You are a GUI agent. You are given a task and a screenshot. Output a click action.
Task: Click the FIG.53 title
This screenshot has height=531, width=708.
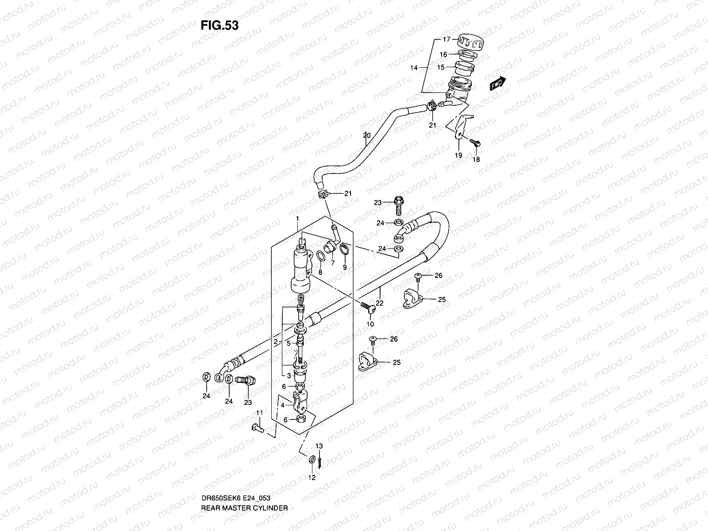[x=219, y=26]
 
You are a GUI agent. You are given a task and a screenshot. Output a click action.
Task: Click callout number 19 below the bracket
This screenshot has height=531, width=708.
[x=458, y=155]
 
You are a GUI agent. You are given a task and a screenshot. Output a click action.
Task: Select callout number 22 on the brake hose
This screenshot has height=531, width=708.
[x=379, y=303]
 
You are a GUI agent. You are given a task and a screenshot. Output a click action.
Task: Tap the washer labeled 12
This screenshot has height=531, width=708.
[x=313, y=460]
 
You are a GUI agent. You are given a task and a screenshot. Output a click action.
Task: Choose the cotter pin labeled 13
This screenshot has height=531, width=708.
[x=319, y=461]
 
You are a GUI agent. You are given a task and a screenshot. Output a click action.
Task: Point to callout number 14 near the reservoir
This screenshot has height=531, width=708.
[x=414, y=68]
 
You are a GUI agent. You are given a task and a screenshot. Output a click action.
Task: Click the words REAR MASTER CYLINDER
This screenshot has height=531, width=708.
[x=244, y=483]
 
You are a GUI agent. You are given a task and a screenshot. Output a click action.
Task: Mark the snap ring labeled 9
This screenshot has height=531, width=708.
[x=345, y=252]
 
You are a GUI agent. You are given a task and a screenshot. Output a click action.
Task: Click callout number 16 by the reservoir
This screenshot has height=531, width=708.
[x=443, y=54]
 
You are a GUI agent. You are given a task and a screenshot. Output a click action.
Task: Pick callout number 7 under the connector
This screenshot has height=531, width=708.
[x=332, y=263]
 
